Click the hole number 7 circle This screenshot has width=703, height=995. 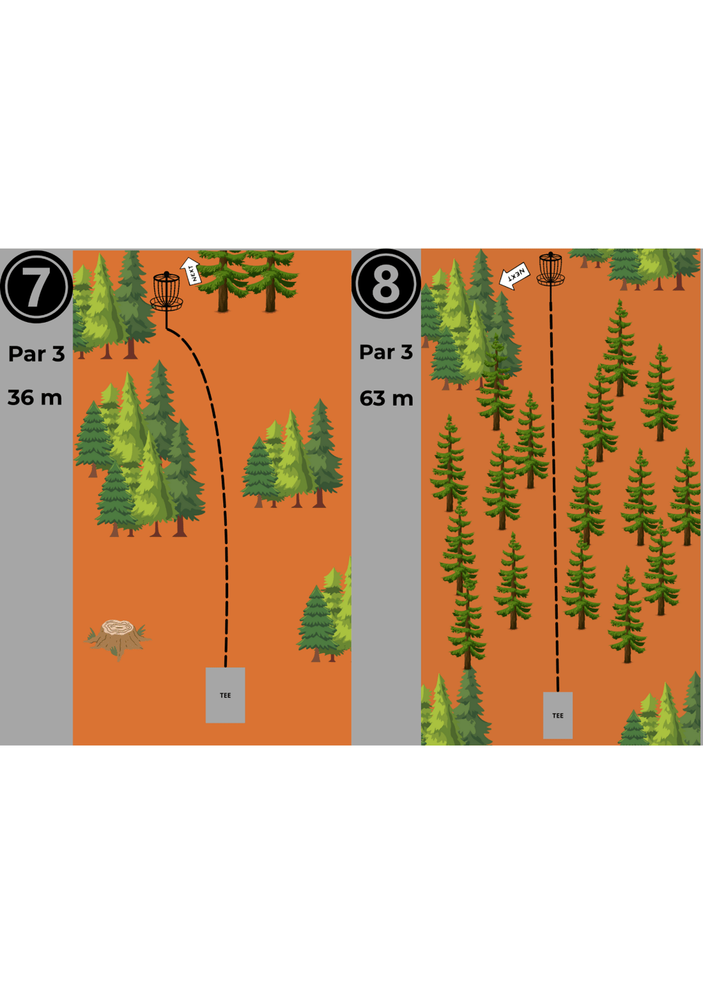tap(37, 287)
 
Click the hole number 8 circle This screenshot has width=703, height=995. tap(386, 284)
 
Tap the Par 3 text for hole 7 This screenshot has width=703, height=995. tap(37, 354)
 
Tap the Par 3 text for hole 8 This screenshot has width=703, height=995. tap(386, 352)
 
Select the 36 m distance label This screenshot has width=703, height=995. tap(35, 397)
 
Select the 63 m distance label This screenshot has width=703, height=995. tap(386, 399)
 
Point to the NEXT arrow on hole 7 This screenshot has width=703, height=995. tap(190, 271)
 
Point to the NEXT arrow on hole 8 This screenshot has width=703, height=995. tap(514, 276)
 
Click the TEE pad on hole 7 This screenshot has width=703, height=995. tap(225, 695)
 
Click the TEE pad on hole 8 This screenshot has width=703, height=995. tap(558, 715)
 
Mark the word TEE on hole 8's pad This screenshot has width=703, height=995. tap(558, 716)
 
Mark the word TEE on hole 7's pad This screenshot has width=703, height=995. tap(225, 696)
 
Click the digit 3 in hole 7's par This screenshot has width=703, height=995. tap(58, 354)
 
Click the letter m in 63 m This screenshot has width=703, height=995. tap(402, 400)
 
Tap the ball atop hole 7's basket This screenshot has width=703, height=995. tap(167, 274)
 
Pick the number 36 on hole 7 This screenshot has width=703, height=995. tap(21, 397)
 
